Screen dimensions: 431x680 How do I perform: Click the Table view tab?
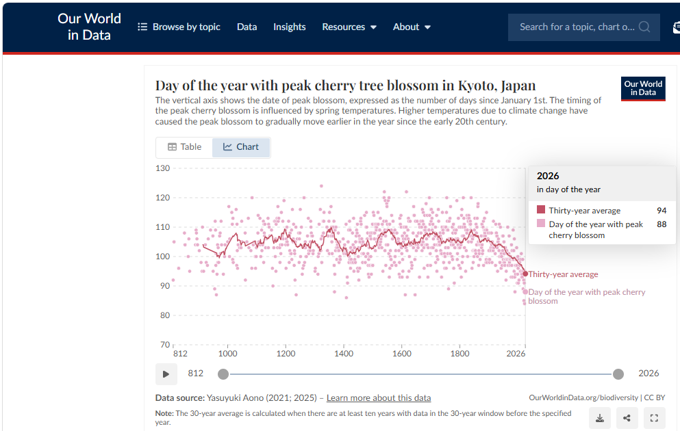coord(184,147)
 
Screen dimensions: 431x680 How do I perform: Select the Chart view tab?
coord(241,147)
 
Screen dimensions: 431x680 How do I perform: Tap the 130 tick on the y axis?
coord(162,168)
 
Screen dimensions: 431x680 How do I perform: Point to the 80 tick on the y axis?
coord(164,315)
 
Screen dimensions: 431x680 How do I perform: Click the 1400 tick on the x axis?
coord(344,354)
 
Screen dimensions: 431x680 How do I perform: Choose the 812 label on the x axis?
coord(180,354)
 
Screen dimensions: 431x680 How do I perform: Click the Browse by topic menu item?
coord(179,27)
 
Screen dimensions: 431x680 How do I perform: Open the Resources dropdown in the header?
coord(349,27)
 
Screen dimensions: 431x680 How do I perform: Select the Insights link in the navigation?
coord(289,27)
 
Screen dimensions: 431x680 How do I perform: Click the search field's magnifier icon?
coord(644,27)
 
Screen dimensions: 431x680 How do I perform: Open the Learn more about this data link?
coord(379,398)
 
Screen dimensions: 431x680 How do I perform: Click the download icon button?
coord(600,418)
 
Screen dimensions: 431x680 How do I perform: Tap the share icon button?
coord(627,418)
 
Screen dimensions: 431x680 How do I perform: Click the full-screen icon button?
coord(654,418)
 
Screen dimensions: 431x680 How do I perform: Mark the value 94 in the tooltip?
coord(662,211)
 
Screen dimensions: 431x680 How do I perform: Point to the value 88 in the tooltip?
coord(662,224)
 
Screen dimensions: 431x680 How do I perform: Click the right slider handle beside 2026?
coord(618,374)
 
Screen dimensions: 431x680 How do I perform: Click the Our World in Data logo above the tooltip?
coord(643,88)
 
